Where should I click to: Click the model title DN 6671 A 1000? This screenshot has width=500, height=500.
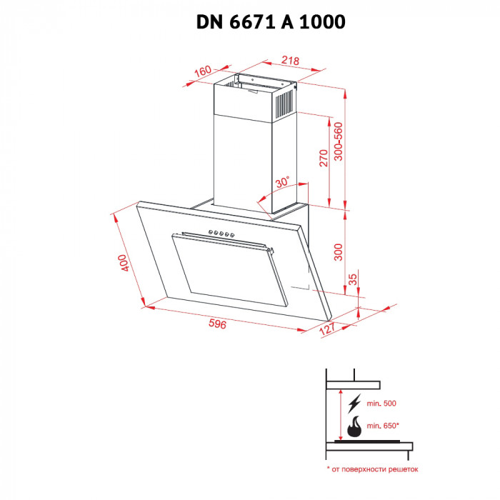[271, 23]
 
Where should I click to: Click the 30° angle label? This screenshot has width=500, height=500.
[283, 181]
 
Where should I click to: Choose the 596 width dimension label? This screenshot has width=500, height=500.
[217, 325]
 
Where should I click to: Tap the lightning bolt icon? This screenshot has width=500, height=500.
[353, 405]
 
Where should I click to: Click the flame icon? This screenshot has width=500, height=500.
[353, 429]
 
